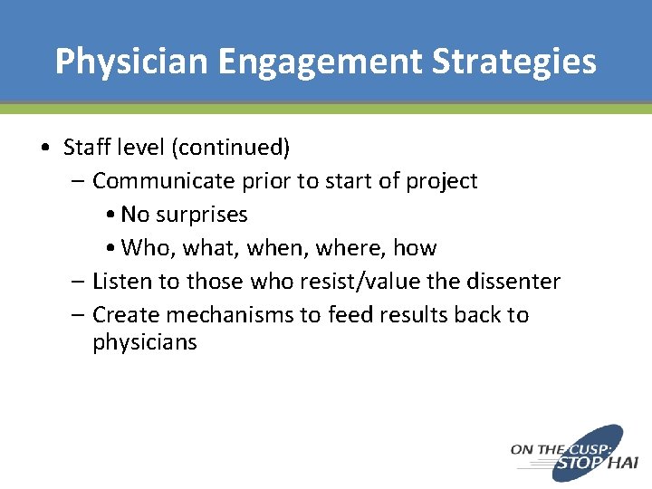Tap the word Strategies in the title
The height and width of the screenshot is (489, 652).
(513, 62)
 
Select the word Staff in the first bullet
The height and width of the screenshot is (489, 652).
(83, 147)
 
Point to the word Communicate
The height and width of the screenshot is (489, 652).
(164, 180)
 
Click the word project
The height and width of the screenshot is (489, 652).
(441, 180)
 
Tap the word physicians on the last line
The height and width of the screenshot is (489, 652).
(144, 342)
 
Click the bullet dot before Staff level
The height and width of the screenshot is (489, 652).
(45, 148)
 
